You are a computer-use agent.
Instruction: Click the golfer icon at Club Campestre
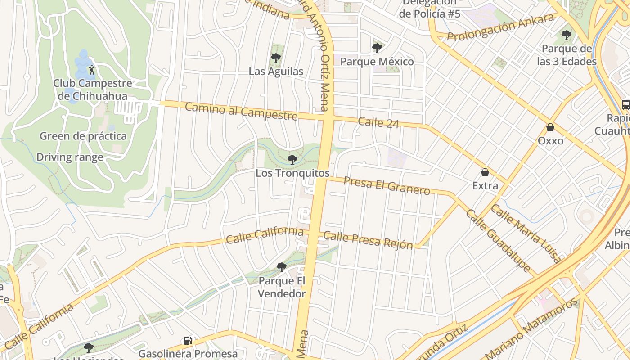(92, 70)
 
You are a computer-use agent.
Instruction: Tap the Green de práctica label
(83, 136)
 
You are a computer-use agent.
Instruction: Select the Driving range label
(70, 157)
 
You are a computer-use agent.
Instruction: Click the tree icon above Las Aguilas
(276, 58)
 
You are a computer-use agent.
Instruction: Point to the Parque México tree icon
(377, 48)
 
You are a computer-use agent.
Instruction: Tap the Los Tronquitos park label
(292, 173)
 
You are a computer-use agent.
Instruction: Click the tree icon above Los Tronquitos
(292, 159)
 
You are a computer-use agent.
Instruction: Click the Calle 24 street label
(378, 122)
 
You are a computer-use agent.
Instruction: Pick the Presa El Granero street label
(387, 185)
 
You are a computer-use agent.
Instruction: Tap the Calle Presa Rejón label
(368, 240)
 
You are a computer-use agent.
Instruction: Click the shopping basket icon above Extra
(485, 172)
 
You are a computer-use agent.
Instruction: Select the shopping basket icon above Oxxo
(550, 128)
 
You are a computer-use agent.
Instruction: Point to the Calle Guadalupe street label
(498, 240)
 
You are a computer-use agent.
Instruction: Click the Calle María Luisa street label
(526, 233)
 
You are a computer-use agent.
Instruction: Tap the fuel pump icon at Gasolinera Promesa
(188, 341)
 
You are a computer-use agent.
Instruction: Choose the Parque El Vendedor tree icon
(282, 267)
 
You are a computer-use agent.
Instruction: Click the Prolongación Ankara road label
(500, 27)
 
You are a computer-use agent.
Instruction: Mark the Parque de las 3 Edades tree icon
(567, 35)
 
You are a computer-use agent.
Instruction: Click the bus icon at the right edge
(625, 105)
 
